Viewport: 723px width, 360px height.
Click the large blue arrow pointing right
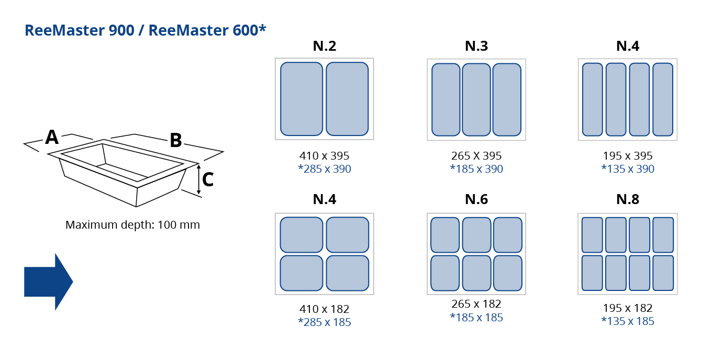point(48,282)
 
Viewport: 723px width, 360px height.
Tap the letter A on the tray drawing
point(52,137)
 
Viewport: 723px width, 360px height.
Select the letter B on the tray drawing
point(176,140)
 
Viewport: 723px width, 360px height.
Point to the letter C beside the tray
point(208,179)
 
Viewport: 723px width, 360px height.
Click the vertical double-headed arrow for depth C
point(199,179)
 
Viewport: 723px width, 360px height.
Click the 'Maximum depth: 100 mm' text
point(132,224)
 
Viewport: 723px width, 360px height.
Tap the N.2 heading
point(325,46)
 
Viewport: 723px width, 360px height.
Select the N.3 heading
point(476,46)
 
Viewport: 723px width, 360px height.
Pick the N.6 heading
point(476,199)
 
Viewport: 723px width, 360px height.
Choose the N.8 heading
point(628,199)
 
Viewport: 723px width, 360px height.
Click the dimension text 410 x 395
point(325,156)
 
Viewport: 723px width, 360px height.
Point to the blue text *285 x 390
point(325,168)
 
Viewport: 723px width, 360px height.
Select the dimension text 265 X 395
point(476,156)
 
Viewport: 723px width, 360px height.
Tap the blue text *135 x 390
point(628,168)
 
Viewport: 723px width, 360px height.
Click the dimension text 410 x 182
point(325,309)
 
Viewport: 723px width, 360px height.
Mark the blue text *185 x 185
point(476,318)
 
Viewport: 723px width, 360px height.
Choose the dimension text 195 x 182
point(628,308)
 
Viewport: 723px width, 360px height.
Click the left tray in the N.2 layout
point(302,99)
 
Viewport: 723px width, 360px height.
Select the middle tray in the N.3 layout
point(476,99)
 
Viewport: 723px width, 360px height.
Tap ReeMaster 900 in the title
point(80,30)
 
